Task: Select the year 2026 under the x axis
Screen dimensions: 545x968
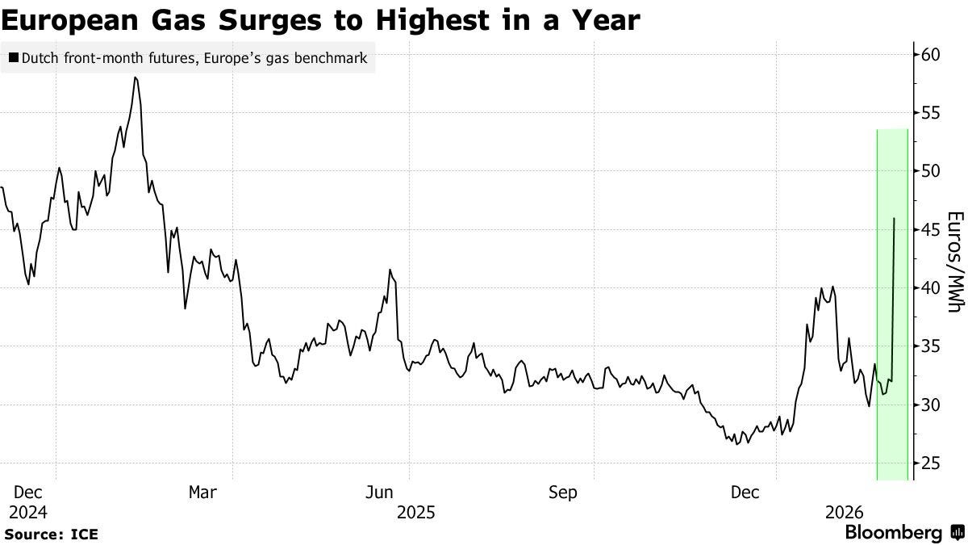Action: point(844,512)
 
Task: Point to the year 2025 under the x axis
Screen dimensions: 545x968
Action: point(416,512)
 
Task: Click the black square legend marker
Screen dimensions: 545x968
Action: point(12,58)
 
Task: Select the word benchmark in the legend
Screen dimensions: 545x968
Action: point(333,58)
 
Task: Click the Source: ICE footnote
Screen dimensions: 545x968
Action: point(52,535)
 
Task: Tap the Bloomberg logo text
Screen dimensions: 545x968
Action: point(894,533)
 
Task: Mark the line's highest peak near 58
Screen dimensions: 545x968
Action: point(136,78)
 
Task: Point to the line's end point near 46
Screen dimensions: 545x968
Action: point(894,218)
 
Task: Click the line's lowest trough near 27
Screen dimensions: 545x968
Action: point(736,444)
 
